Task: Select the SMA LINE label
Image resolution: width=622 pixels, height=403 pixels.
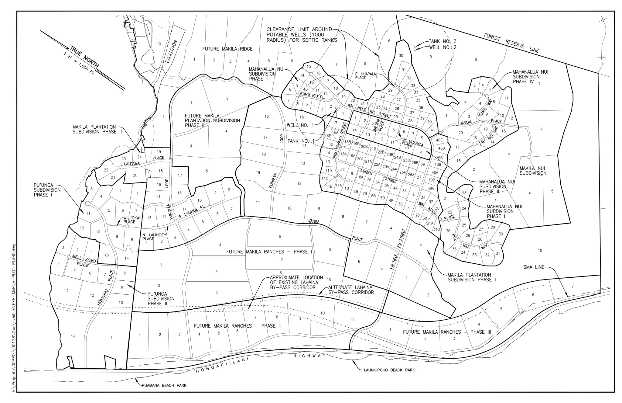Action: tap(534, 267)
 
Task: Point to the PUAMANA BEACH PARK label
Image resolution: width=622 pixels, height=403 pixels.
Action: tap(164, 385)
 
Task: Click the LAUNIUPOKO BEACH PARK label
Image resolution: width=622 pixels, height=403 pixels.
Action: tap(389, 370)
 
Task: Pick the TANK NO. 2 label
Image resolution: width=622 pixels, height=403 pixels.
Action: tap(442, 41)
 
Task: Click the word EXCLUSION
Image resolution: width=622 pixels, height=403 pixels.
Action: tap(172, 51)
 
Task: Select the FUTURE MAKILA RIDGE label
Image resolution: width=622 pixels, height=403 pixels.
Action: tap(227, 49)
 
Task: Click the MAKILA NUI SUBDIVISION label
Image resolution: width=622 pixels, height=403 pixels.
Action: tap(533, 171)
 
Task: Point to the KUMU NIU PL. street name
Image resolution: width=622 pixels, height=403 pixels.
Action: tap(313, 96)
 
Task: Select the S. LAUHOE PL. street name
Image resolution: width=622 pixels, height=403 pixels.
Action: tap(192, 212)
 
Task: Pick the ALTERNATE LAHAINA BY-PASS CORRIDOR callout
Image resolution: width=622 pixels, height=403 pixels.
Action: tap(351, 290)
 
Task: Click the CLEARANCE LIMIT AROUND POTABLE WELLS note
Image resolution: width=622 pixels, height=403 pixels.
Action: tap(302, 35)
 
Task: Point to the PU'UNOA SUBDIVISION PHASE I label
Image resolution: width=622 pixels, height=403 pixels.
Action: tap(47, 190)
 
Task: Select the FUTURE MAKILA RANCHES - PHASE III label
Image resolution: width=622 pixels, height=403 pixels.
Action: tap(447, 332)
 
